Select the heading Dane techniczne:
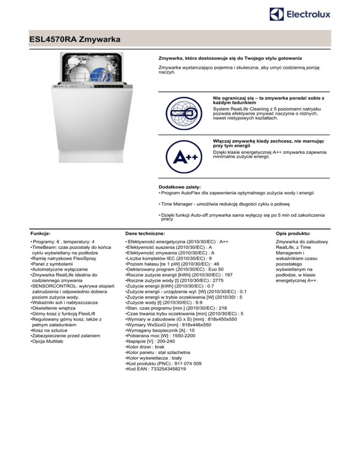click(144, 233)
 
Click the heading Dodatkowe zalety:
click(180, 187)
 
